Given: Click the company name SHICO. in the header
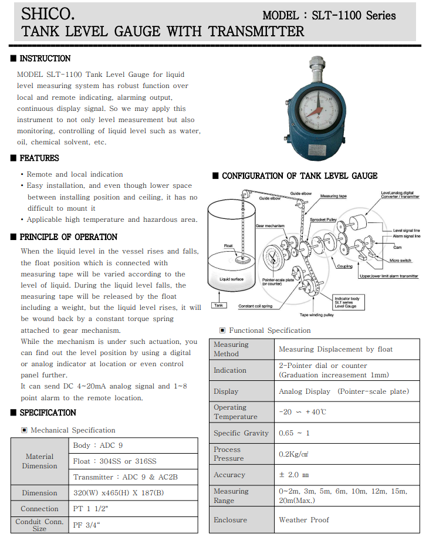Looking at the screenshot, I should tap(48, 13).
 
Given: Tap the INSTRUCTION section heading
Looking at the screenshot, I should tap(45, 59).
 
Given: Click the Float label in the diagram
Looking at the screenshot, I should tap(229, 245).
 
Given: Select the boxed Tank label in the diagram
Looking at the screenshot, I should tap(218, 305).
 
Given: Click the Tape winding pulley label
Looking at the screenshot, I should tap(317, 315).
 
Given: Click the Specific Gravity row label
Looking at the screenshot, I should tap(241, 433).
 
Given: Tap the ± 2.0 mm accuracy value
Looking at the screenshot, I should tap(293, 475).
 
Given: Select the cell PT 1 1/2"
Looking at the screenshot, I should tap(92, 509).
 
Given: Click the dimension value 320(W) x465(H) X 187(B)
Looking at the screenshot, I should tap(119, 493).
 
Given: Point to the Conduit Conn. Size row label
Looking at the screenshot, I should tap(40, 525).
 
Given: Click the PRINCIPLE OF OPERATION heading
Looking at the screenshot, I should tap(68, 237).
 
